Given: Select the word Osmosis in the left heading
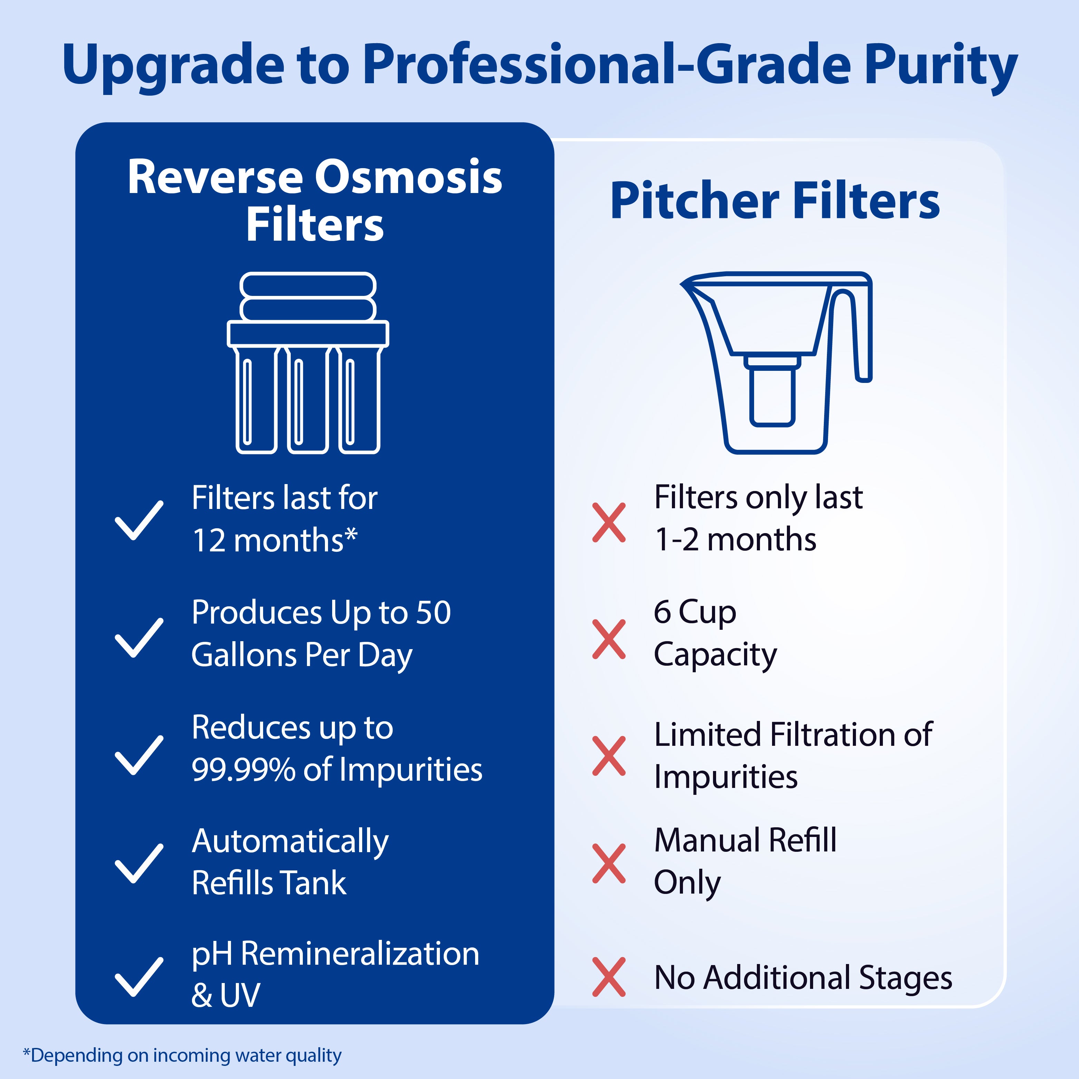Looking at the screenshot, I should (408, 177).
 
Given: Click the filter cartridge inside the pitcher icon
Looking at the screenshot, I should (772, 391).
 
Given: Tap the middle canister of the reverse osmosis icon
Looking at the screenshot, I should (308, 399).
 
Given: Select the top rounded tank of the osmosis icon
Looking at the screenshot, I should (308, 286).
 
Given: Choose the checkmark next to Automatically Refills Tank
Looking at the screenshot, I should (138, 864).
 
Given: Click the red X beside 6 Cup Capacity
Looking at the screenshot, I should (609, 639).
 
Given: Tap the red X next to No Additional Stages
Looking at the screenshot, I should (609, 977).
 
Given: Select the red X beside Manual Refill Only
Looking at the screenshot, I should (609, 864).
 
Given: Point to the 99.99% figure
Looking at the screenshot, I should (243, 770).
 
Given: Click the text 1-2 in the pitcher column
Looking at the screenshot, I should (676, 540).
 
